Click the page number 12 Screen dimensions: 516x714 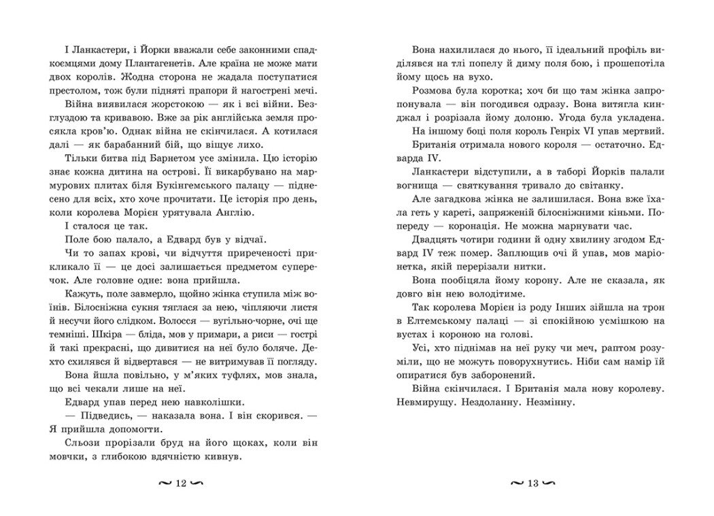pos(181,484)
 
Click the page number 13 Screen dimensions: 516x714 pos(532,484)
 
